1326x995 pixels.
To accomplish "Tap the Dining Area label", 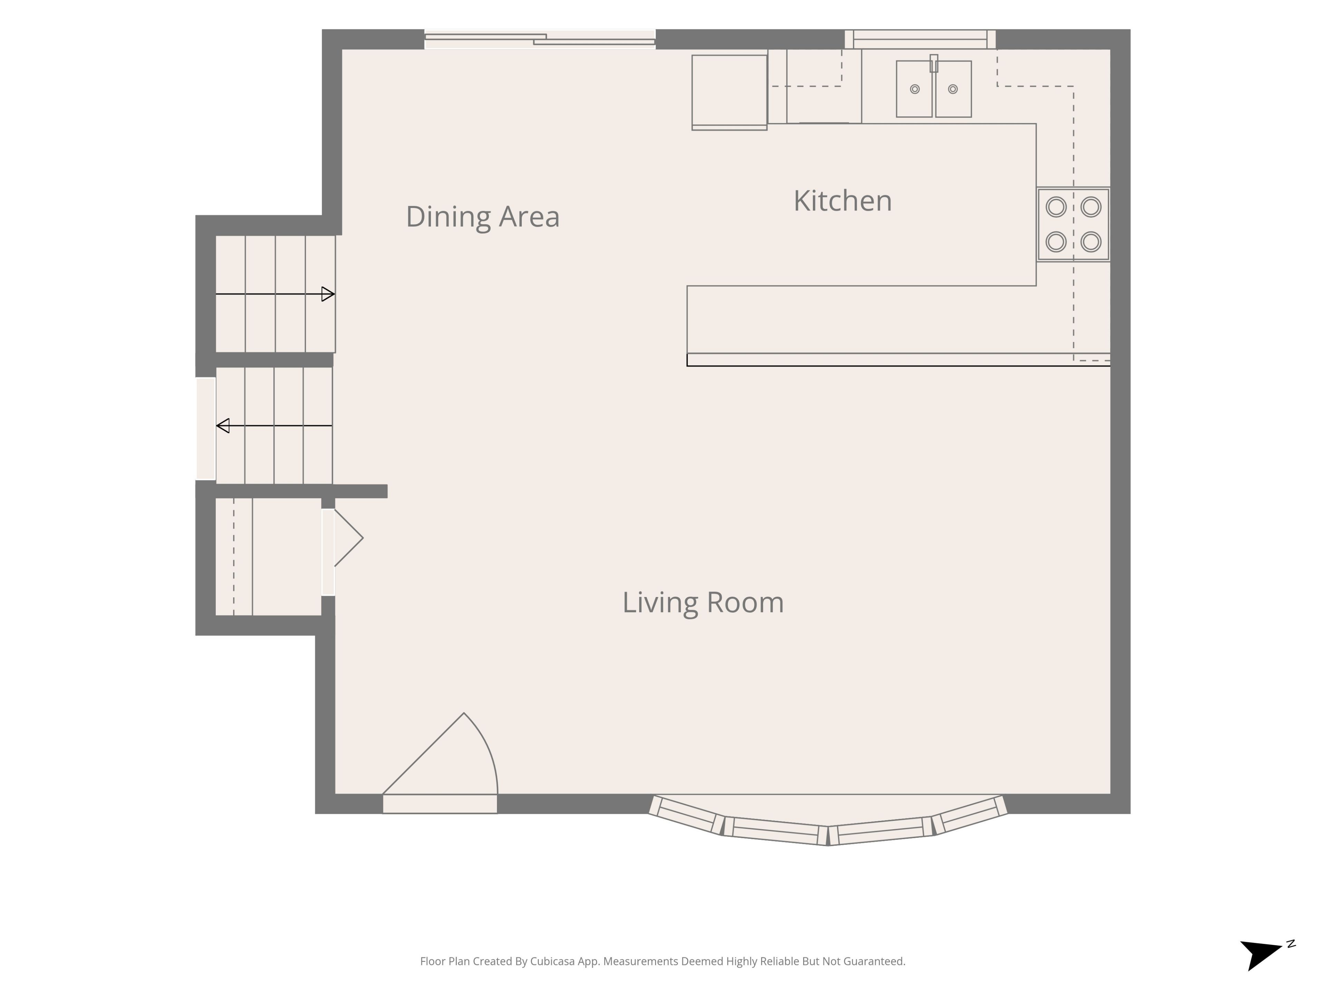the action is point(482,217).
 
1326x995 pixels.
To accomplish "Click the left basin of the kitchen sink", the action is point(914,89).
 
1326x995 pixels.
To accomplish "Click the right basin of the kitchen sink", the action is point(953,89).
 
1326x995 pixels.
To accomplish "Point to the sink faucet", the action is point(933,63).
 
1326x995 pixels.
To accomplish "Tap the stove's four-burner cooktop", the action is point(1073,224).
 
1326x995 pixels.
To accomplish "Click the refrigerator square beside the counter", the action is point(729,92).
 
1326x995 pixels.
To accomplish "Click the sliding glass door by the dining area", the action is point(539,39).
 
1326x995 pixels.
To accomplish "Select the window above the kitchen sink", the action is point(920,39).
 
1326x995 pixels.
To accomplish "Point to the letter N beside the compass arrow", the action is point(1291,944).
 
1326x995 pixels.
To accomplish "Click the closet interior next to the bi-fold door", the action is point(268,557).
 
